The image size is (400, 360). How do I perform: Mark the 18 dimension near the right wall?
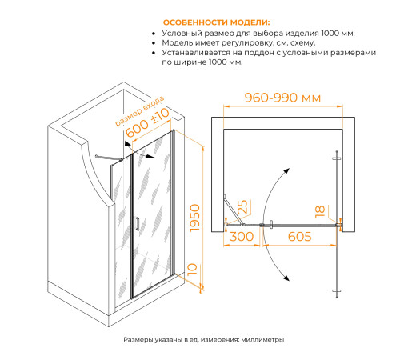[x=319, y=211]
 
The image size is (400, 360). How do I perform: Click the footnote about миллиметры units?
[x=204, y=340]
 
